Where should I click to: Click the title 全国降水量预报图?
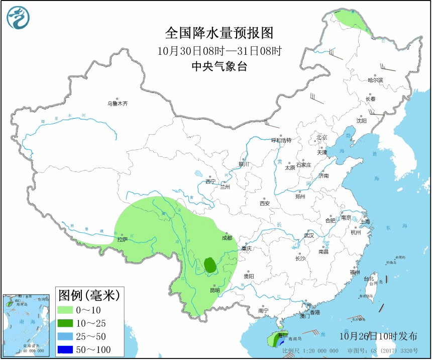(220, 33)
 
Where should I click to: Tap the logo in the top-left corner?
(18, 18)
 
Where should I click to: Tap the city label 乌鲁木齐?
(117, 104)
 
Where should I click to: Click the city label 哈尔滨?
(375, 80)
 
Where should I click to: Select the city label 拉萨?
(122, 240)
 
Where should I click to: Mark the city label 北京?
(321, 137)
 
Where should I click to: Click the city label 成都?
(227, 238)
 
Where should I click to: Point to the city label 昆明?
(214, 291)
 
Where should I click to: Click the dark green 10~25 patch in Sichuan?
(210, 264)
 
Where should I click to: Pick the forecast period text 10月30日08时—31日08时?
(220, 50)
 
